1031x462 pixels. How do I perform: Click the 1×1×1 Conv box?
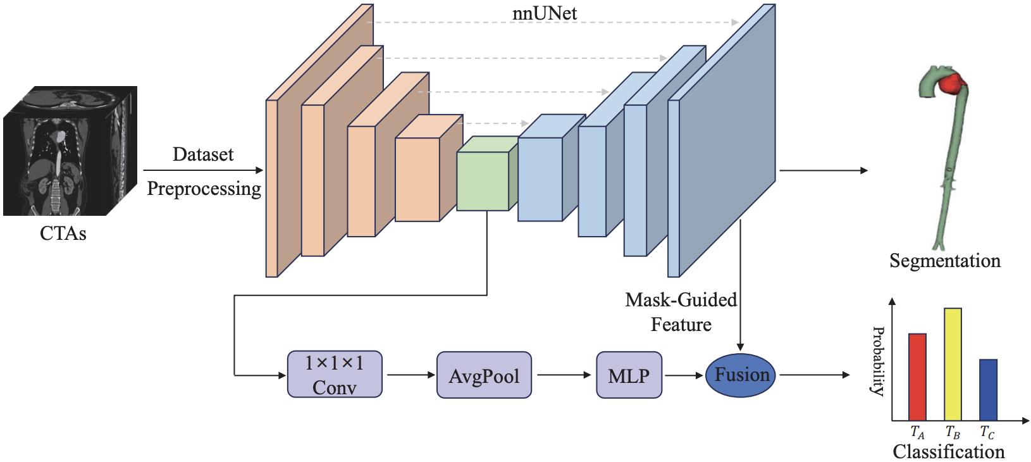(x=335, y=375)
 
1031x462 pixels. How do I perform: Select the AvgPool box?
(x=484, y=375)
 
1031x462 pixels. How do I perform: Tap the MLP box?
(x=629, y=375)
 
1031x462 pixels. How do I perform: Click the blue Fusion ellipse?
(x=741, y=375)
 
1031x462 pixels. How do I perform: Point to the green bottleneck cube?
(x=483, y=181)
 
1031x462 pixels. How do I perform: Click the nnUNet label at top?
(x=544, y=13)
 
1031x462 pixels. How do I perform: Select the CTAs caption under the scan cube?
(x=63, y=234)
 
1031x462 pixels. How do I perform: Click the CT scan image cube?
(x=70, y=152)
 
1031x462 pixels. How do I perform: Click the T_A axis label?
(x=917, y=433)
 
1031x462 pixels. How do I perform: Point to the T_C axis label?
(x=987, y=433)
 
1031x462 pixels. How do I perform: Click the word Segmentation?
(x=945, y=261)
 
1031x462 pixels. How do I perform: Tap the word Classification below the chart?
(x=948, y=452)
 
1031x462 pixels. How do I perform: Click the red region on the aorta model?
(x=951, y=84)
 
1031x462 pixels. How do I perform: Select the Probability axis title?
(x=878, y=361)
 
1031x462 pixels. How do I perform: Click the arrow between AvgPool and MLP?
(x=564, y=375)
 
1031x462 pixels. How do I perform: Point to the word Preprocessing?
(x=204, y=189)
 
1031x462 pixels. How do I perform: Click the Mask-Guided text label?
(x=681, y=300)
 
